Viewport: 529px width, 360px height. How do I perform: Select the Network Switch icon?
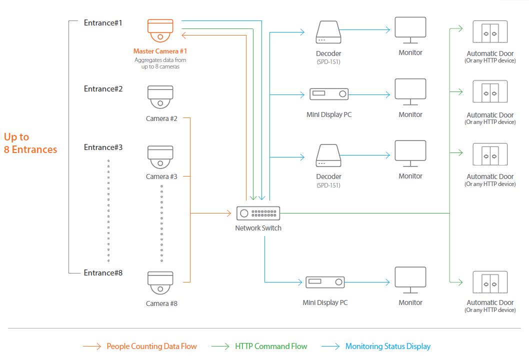coord(258,213)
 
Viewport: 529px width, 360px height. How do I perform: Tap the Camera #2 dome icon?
coord(160,97)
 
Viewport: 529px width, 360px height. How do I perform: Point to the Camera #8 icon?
coord(160,283)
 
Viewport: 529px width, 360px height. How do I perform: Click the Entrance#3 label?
coord(103,147)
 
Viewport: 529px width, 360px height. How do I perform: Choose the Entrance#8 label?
coord(103,273)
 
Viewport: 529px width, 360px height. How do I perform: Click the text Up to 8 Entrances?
coord(30,143)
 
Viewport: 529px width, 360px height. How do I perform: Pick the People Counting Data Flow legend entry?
coord(151,346)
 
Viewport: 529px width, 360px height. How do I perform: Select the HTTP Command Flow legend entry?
coord(271,346)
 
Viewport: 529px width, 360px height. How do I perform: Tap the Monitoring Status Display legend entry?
coord(387,346)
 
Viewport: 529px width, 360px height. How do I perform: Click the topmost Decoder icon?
coord(328,32)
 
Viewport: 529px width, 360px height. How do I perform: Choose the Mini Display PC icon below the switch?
coord(325,282)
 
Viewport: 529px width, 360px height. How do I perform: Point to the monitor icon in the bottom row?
coord(410,280)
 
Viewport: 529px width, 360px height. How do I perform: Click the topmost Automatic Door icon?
coord(490,32)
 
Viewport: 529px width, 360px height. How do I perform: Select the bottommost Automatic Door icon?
coord(490,283)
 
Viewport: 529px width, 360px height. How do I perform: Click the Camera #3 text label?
coord(161,176)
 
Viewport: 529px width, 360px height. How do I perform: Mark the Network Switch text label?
coord(258,228)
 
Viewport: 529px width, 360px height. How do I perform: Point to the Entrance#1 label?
coord(103,23)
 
